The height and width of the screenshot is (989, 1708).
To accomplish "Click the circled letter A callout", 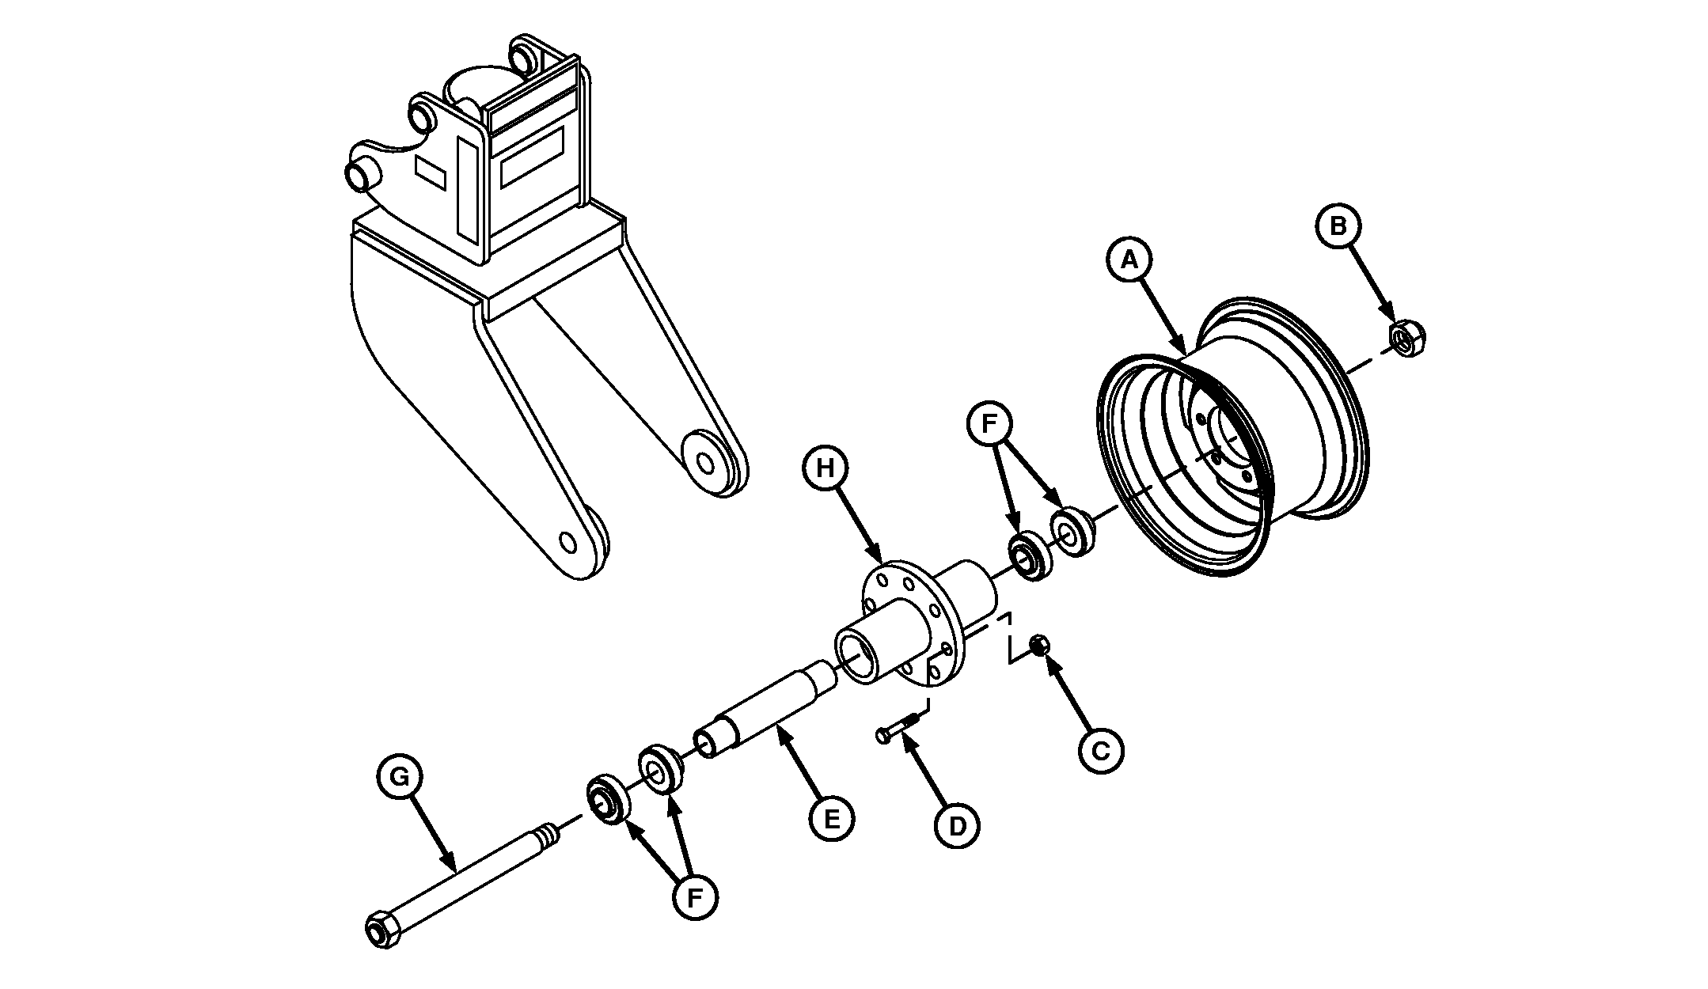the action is (x=1130, y=259).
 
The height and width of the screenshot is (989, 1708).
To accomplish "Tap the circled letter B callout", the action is (x=1338, y=225).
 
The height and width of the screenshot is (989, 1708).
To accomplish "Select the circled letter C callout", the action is (x=1101, y=749).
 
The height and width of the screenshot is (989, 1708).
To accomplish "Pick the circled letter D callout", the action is (x=957, y=825).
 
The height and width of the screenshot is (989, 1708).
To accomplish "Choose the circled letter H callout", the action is (x=826, y=468).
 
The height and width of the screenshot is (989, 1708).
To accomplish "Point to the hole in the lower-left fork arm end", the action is (x=567, y=542).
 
